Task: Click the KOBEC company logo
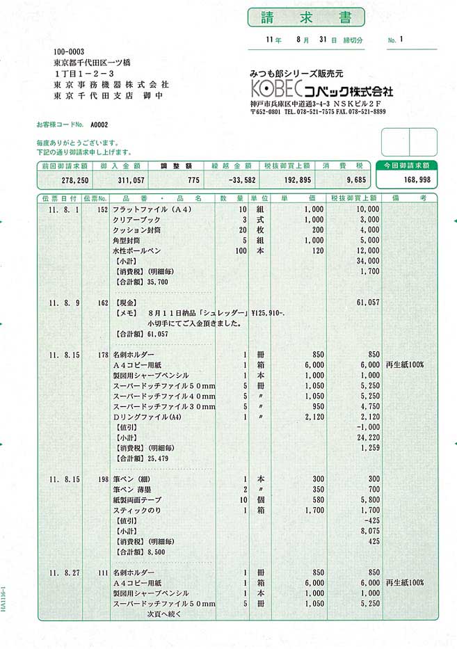[x=272, y=91]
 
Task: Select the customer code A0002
[x=98, y=125]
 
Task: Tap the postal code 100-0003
[x=68, y=51]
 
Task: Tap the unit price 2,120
[x=314, y=417]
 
